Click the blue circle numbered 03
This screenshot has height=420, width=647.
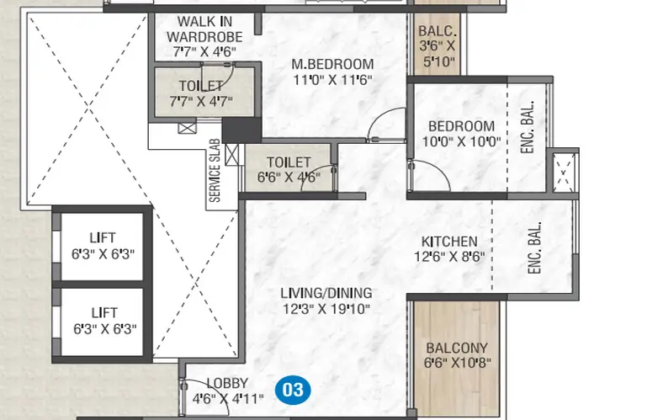[294, 390]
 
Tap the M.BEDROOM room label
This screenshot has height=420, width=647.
[332, 64]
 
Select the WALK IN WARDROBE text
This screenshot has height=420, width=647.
[204, 29]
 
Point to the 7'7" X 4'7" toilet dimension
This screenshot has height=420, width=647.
[201, 101]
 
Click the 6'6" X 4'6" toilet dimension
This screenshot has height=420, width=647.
[289, 177]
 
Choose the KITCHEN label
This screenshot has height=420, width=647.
[449, 242]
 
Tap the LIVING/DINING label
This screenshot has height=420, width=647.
[326, 293]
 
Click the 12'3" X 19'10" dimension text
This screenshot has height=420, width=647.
[326, 309]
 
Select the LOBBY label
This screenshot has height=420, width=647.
[227, 383]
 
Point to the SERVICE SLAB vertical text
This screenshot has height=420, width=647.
[215, 171]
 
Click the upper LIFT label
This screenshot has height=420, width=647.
[103, 238]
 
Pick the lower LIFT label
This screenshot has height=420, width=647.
[104, 312]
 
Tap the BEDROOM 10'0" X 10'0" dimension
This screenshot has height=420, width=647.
[461, 141]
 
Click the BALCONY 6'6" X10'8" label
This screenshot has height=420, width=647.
[457, 355]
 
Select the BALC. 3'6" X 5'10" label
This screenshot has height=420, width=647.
[438, 46]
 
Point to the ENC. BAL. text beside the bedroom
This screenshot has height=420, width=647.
[528, 127]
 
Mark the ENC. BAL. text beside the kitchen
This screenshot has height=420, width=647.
[534, 247]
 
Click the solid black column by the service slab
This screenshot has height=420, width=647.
[241, 130]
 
